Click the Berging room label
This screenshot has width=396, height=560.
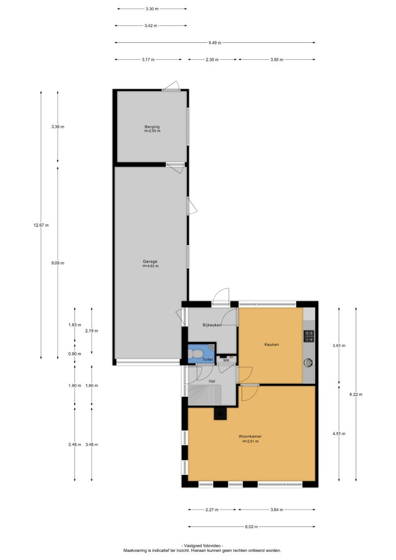click(152, 127)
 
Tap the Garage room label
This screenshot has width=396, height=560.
click(150, 262)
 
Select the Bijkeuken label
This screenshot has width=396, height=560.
click(212, 325)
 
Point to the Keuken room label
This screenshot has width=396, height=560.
click(271, 345)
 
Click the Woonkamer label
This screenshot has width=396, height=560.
click(250, 436)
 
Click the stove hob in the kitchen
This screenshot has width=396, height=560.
click(309, 336)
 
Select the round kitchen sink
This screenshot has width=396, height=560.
click(308, 363)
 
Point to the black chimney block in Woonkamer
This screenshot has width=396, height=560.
click(220, 413)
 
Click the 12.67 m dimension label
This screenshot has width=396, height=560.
click(41, 225)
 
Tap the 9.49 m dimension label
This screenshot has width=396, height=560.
click(215, 43)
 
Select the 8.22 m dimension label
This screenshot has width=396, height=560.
click(356, 394)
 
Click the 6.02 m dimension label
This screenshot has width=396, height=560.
click(251, 527)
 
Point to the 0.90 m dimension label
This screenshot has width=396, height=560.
click(75, 354)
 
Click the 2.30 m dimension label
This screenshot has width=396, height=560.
click(212, 60)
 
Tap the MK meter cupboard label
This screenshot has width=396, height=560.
click(226, 360)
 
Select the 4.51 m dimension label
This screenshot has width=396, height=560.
click(339, 434)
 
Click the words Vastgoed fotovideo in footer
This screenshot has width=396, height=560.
click(202, 546)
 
